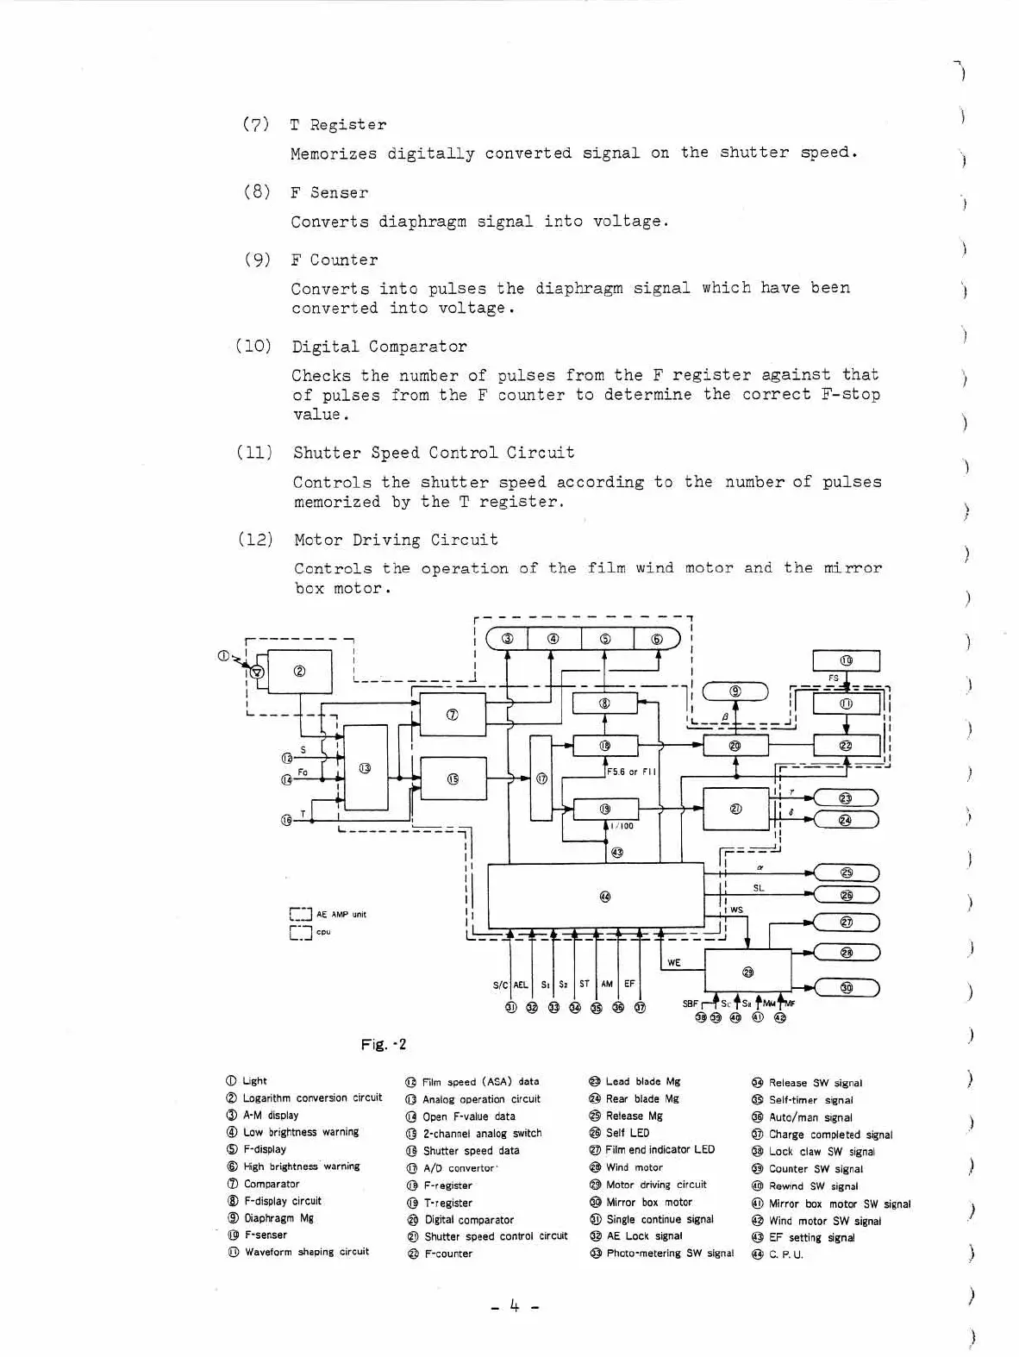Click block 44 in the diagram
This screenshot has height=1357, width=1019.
(596, 897)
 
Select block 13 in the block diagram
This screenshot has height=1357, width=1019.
(366, 767)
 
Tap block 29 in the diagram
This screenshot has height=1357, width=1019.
(747, 971)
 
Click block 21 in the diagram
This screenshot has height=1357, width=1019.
(735, 809)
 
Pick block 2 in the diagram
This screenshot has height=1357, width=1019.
(299, 672)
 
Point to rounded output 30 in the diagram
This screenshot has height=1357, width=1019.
(846, 988)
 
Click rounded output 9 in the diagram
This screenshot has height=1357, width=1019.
(735, 691)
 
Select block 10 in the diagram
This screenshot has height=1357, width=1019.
(846, 660)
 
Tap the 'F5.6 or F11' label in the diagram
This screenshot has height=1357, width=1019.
(632, 772)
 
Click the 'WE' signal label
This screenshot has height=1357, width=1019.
(674, 963)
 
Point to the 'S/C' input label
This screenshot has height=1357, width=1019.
(500, 985)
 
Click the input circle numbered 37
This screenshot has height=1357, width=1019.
(640, 1007)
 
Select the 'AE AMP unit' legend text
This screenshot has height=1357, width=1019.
(341, 914)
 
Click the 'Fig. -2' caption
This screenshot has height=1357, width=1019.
(384, 1045)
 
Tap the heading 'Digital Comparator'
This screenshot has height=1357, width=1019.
(379, 347)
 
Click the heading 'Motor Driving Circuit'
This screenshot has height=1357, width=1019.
(396, 540)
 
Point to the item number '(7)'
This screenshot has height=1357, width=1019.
(256, 124)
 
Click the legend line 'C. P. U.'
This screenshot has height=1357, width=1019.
(785, 1254)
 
